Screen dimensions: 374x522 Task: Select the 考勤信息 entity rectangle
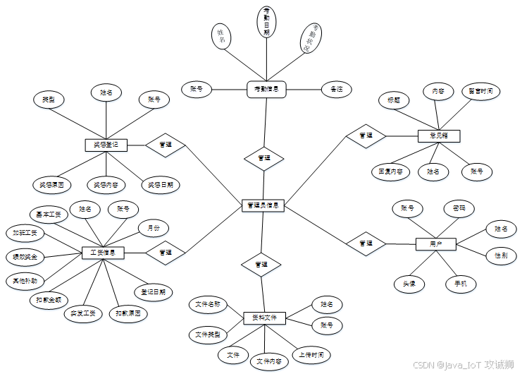coord(266,90)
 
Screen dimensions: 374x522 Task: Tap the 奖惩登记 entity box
coord(106,145)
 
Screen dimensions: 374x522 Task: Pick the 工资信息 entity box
coord(104,252)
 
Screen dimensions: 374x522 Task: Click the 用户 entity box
coord(436,243)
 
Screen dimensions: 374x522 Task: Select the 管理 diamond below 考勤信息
coord(264,158)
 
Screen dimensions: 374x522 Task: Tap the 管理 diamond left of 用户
coord(366,243)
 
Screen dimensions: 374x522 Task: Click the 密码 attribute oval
coord(459,209)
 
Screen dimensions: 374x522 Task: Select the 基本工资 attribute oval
coord(49,214)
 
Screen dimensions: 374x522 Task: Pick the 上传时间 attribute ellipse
coord(311,354)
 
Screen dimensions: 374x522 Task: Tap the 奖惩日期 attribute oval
coord(160,185)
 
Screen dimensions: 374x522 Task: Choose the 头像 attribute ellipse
coord(409,284)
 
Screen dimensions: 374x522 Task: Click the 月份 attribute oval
coord(153,228)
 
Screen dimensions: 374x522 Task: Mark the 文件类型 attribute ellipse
coord(207,334)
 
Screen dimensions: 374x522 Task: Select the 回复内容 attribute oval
coord(390,171)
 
